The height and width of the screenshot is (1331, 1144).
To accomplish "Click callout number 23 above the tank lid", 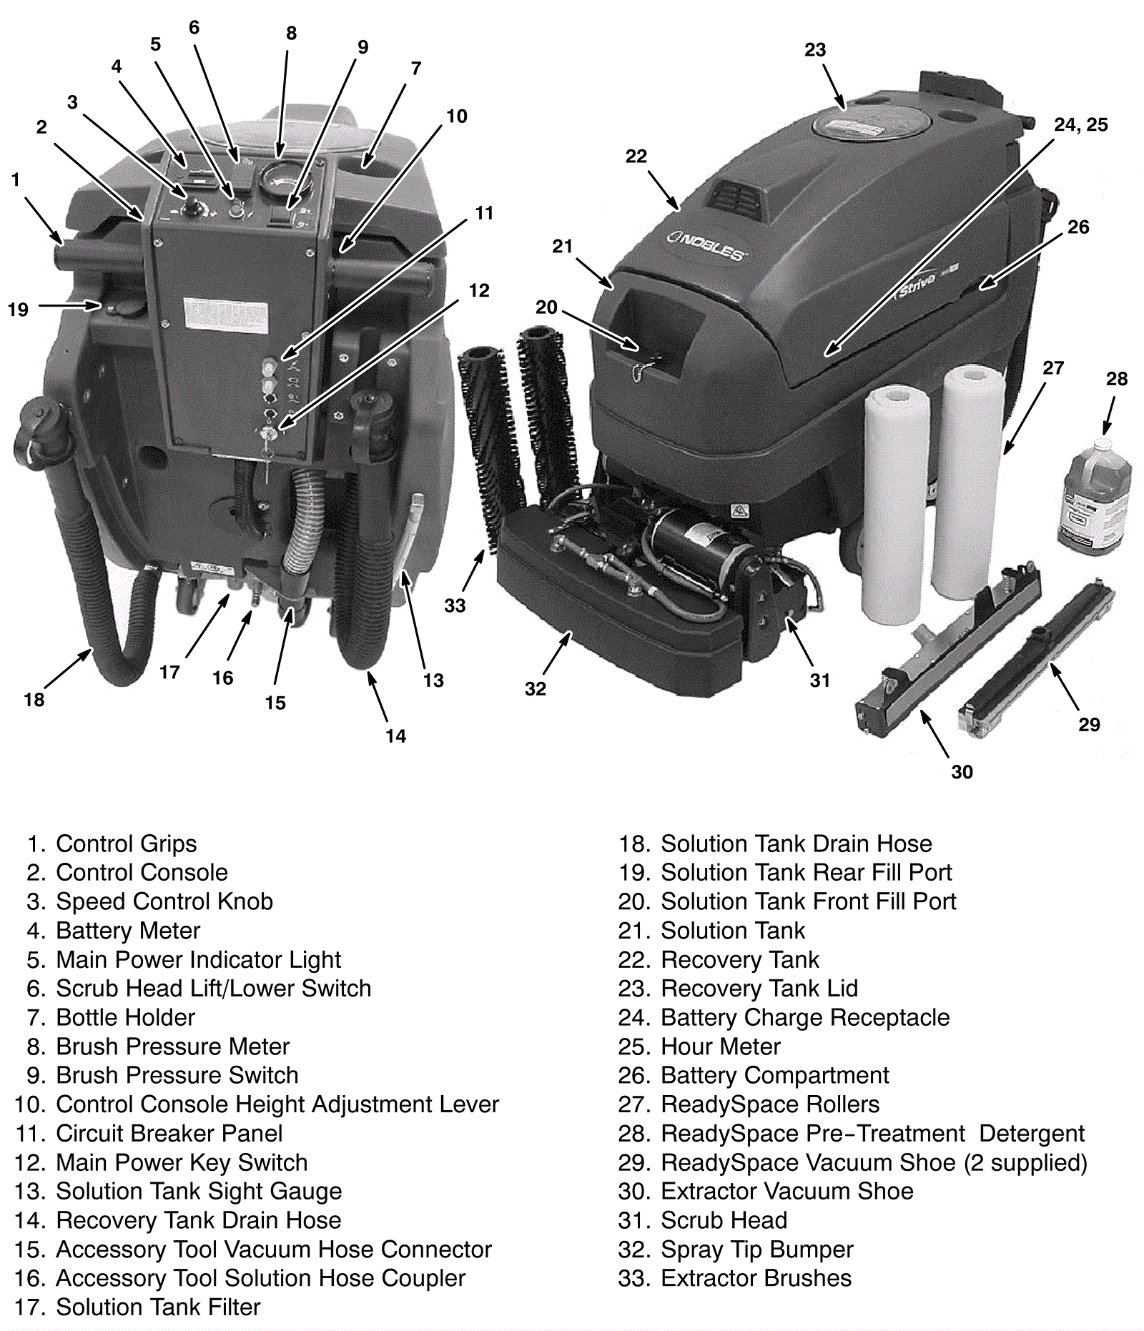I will coord(815,50).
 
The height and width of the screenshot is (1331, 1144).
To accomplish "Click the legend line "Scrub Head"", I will coord(724,1220).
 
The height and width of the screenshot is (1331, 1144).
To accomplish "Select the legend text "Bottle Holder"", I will coord(125,1017).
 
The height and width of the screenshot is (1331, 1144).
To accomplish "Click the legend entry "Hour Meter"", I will coord(720,1047).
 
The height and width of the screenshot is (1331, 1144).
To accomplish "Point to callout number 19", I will coord(18,310).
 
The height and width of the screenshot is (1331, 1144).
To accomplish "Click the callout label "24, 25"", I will coord(1080,125).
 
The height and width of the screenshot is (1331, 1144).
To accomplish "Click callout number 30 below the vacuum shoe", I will coord(962,772).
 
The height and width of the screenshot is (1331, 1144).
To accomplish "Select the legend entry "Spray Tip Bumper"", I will coord(756,1250).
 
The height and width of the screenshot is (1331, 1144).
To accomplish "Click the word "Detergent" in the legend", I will coord(1031,1134).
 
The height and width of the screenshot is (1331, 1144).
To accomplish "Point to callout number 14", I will coord(395,736).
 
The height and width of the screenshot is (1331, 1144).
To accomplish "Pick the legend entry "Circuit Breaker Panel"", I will coord(169,1134).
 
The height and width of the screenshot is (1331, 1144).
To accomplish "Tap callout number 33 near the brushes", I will coord(455,606).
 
